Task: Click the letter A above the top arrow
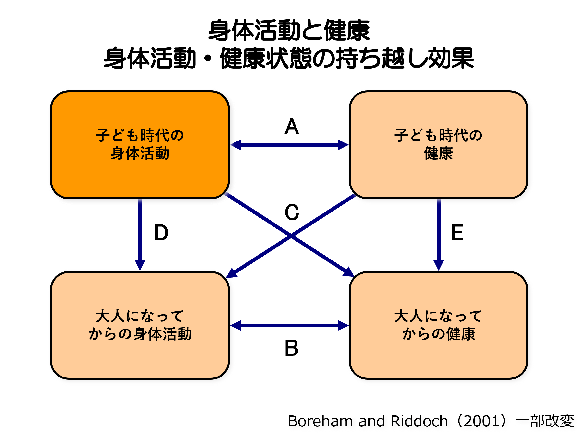click(x=291, y=127)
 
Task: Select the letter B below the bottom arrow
click(x=291, y=348)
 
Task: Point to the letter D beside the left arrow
click(x=161, y=233)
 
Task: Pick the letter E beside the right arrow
click(x=457, y=233)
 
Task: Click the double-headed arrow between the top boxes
click(x=289, y=145)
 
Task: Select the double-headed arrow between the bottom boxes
click(x=289, y=325)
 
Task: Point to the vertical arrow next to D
click(x=140, y=233)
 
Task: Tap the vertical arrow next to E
click(x=439, y=233)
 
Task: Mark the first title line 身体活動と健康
click(x=289, y=30)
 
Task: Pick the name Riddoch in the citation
click(x=419, y=421)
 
